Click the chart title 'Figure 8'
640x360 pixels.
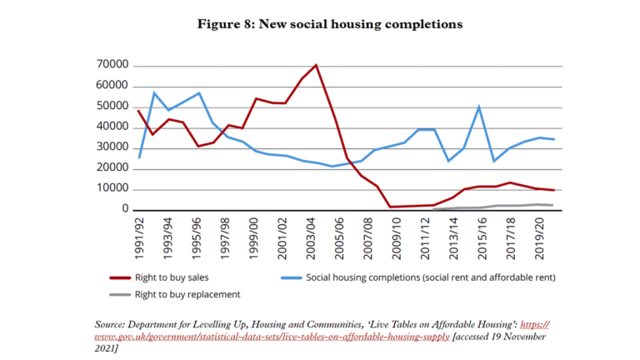[x=329, y=24]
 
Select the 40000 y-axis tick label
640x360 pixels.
[x=112, y=127]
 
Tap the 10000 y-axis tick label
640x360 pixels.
[x=112, y=189]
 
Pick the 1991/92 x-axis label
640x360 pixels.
[x=139, y=234]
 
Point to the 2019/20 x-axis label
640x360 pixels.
[x=538, y=234]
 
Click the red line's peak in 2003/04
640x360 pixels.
[x=316, y=65]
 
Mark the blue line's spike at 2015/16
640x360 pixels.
[x=478, y=107]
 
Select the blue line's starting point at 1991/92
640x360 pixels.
[x=139, y=157]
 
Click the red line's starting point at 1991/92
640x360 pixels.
[x=139, y=111]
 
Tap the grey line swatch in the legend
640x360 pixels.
[x=122, y=293]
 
